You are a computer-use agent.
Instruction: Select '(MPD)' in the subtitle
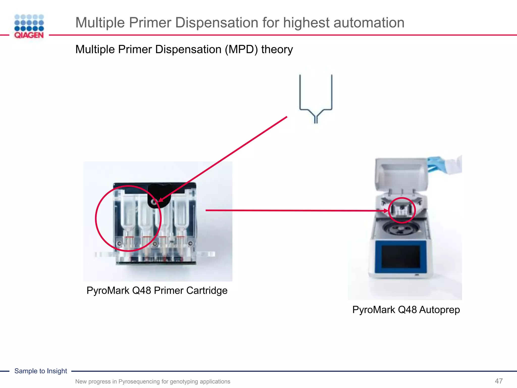[x=241, y=49]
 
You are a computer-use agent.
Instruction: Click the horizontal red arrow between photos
[x=290, y=210]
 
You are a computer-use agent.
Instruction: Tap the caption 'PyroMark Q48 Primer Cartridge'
[x=157, y=290]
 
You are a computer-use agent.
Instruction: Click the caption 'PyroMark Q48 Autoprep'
[x=406, y=310]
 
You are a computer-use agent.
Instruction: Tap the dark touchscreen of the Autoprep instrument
[x=401, y=257]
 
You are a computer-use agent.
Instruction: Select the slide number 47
[x=499, y=381]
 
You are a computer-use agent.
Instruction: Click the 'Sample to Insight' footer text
[x=41, y=371]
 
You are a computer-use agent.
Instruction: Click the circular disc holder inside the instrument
[x=400, y=229]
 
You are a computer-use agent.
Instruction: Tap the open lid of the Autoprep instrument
[x=401, y=174]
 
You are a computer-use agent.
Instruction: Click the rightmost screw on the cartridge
[x=191, y=244]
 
